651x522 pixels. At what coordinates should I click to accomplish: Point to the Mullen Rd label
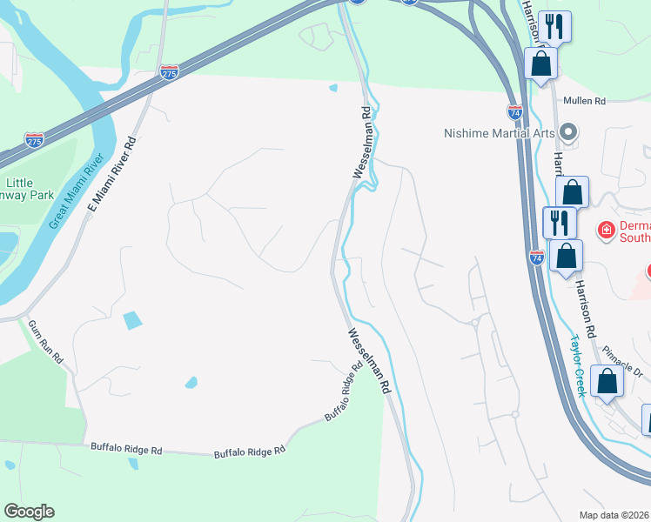(x=584, y=102)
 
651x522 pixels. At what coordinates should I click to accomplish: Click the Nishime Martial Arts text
(x=500, y=133)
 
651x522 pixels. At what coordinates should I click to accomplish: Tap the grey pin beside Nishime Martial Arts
(x=569, y=133)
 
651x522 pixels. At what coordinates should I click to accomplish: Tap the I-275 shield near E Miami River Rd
(x=170, y=74)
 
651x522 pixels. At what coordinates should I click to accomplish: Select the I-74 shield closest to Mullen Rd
(x=514, y=111)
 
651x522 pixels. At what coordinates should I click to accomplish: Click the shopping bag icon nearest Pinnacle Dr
(x=607, y=381)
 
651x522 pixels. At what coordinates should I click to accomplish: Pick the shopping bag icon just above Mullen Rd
(x=541, y=64)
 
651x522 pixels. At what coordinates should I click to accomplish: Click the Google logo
(x=29, y=512)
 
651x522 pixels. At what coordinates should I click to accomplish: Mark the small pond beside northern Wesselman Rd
(x=333, y=87)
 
